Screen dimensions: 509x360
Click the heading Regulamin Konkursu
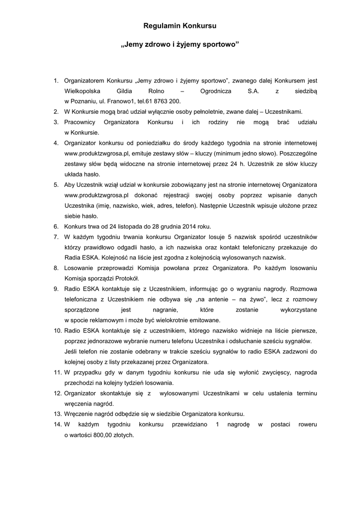pos(180,25)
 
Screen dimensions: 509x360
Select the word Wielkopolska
pos(83,91)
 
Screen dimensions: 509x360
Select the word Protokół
pos(127,278)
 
